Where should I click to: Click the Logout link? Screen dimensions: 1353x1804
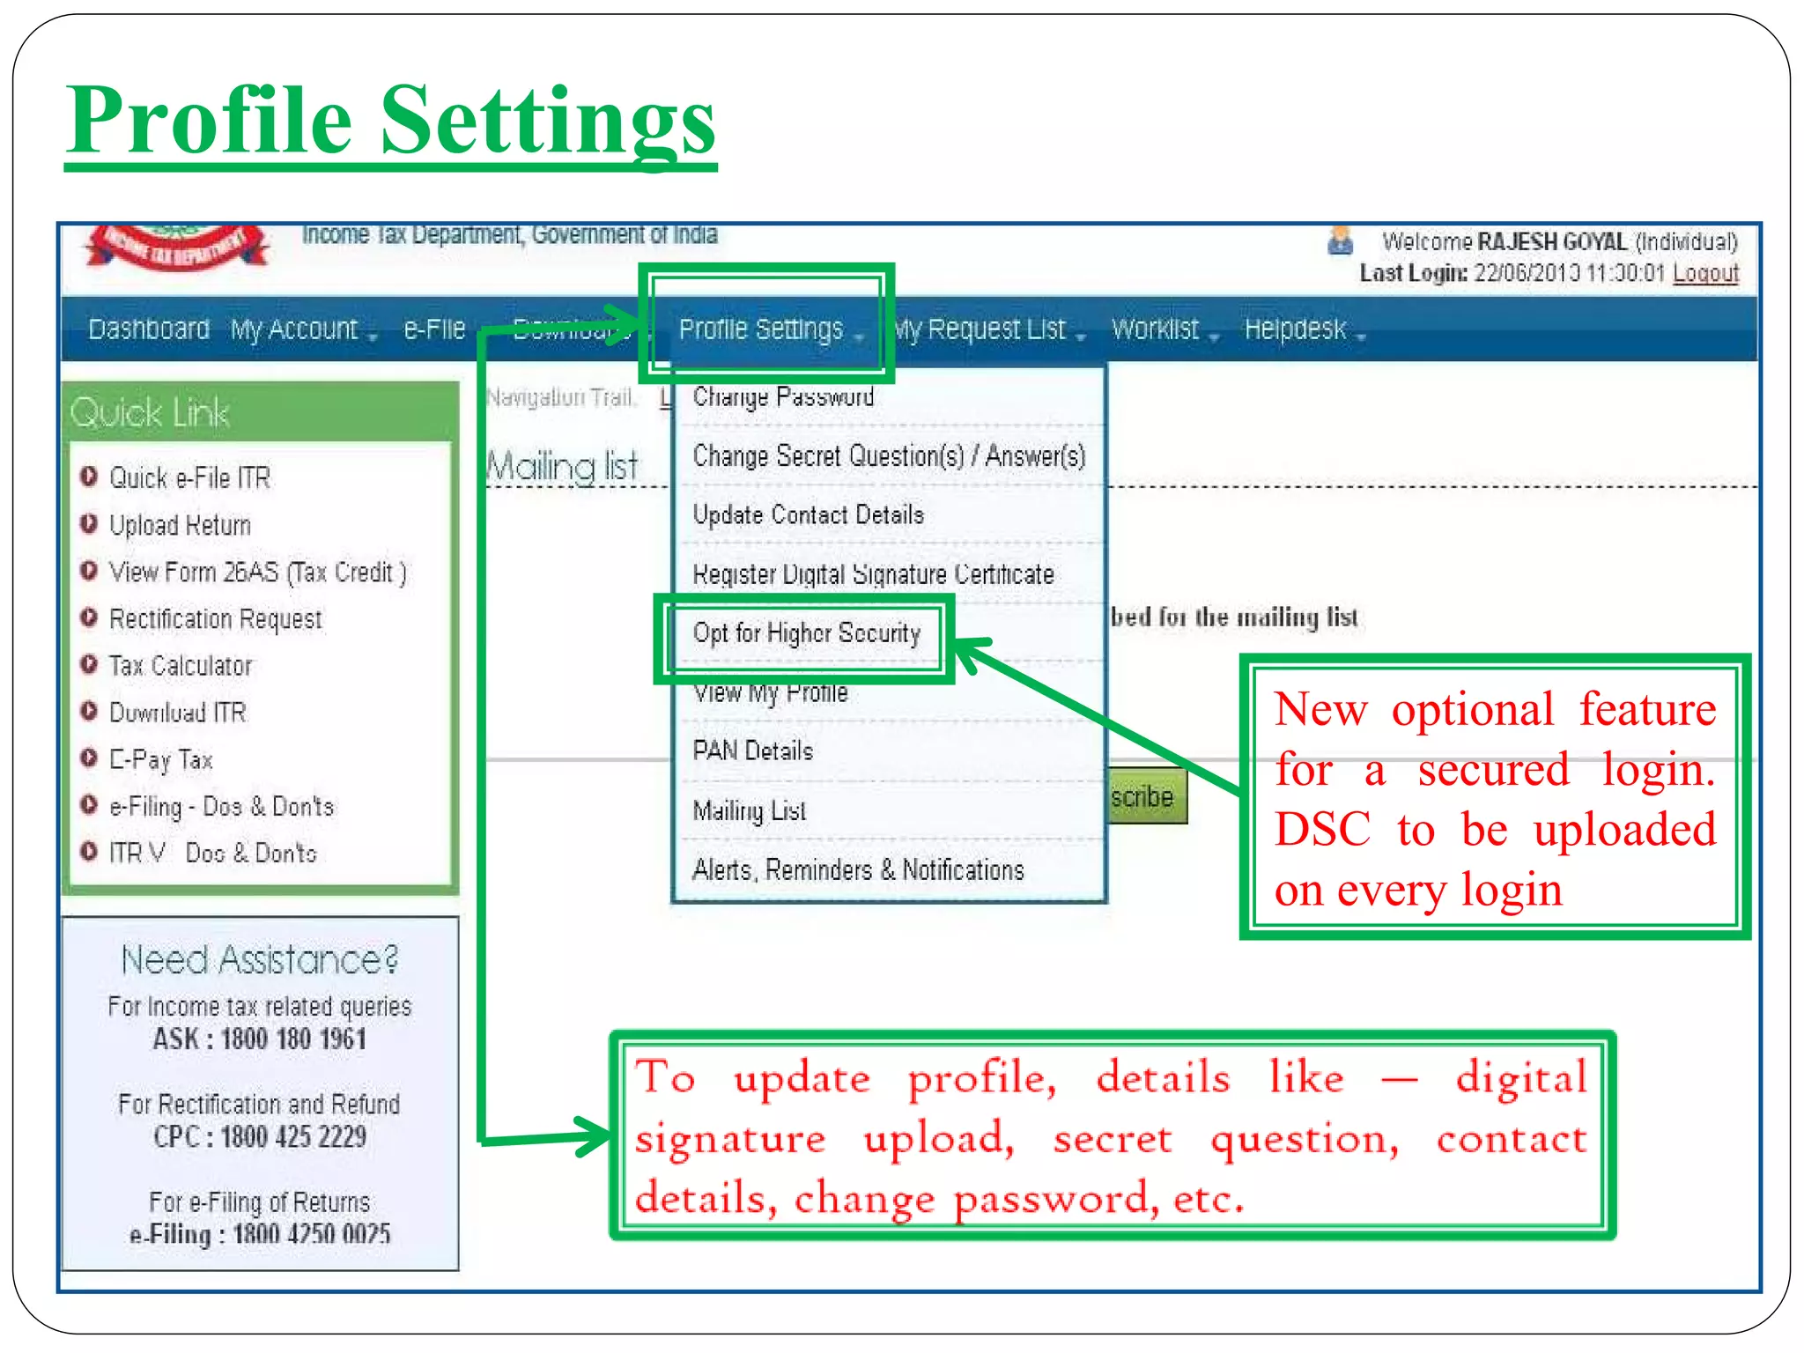pos(1705,273)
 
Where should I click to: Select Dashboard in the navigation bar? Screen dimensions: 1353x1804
pos(149,329)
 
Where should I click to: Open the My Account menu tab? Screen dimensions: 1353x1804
pos(296,329)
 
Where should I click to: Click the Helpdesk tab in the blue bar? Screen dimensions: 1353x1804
pos(1296,329)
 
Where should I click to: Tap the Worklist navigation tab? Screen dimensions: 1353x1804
pos(1156,329)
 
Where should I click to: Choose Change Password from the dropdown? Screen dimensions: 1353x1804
pos(783,397)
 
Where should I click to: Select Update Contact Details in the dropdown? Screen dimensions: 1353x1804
pos(808,514)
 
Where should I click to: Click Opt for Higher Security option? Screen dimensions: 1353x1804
pos(806,633)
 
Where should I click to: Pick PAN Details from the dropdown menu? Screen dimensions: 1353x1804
pos(753,751)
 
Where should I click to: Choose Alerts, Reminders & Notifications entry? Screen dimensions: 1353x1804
pos(858,870)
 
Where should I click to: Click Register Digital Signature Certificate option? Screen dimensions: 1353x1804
pos(873,574)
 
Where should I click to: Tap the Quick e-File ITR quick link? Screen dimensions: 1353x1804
pos(189,478)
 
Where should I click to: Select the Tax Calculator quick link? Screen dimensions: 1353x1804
pos(181,666)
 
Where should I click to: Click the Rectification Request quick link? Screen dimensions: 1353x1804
pos(215,619)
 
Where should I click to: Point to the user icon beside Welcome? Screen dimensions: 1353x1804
pos(1340,240)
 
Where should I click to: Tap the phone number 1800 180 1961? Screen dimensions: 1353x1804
pos(292,1039)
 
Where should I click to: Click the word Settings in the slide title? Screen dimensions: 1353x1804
pos(548,121)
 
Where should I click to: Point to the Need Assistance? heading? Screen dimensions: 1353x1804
pos(260,960)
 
